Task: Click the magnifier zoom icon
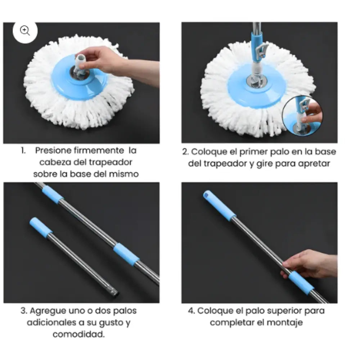coord(25,31)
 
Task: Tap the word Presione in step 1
coord(53,150)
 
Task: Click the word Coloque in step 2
coord(206,152)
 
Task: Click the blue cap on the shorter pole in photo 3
coord(40,227)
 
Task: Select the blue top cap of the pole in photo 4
coord(219,206)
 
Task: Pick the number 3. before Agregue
coord(24,310)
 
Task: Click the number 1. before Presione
coord(23,150)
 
